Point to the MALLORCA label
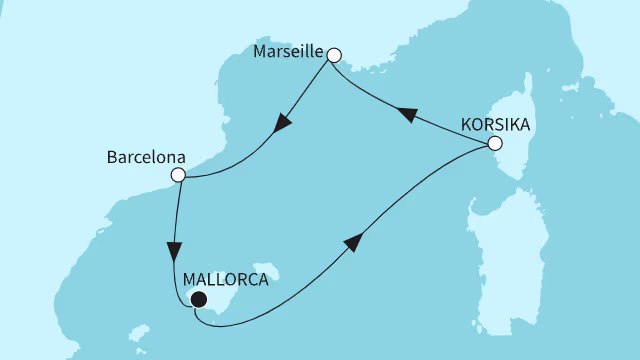(x=227, y=280)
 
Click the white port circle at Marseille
(x=335, y=56)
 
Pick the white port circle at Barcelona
(x=178, y=176)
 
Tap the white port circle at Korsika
(x=493, y=145)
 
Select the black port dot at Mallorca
(x=198, y=299)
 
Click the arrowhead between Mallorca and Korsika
(x=353, y=244)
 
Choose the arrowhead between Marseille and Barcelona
(x=283, y=124)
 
